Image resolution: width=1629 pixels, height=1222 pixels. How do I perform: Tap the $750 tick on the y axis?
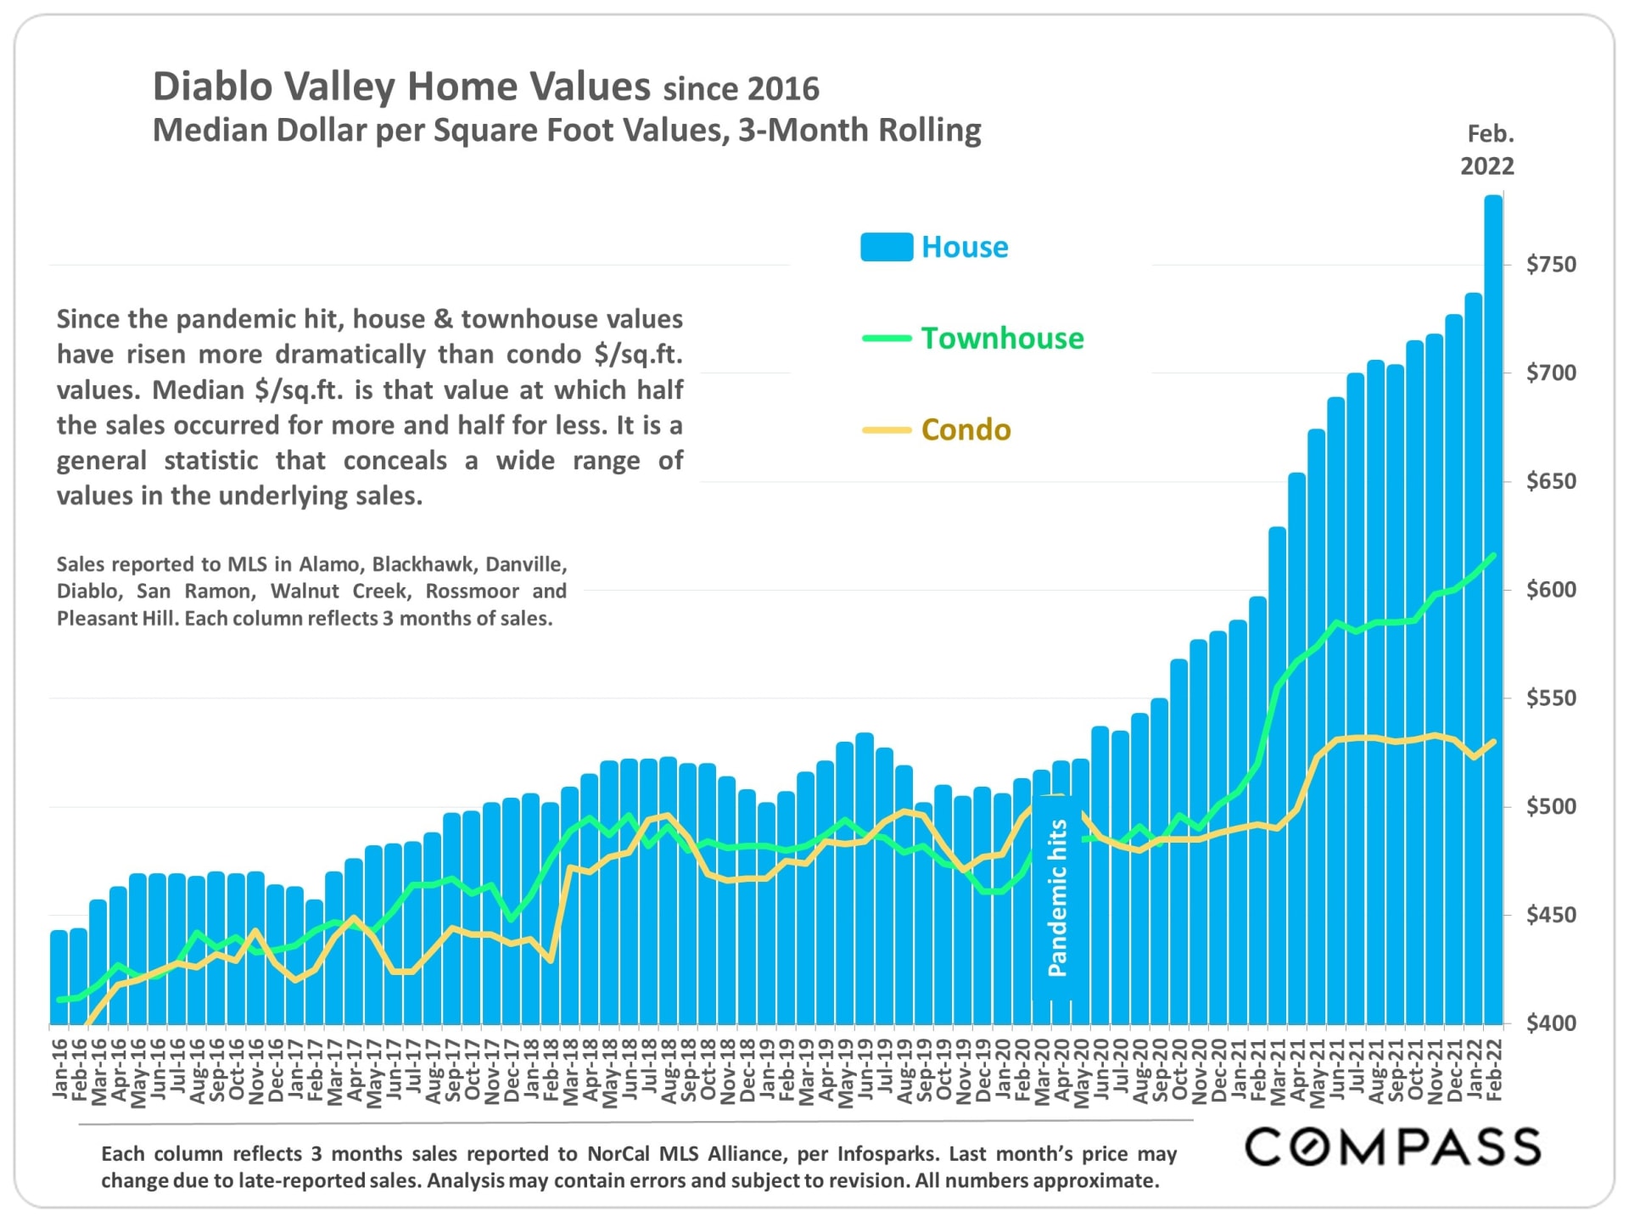pos(1551,265)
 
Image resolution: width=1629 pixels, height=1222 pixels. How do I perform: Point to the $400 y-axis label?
pos(1551,1023)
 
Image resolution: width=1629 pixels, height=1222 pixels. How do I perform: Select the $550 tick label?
pos(1551,698)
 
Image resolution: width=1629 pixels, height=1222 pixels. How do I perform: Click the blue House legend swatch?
pos(886,247)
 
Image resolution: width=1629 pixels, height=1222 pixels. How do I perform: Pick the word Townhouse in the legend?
pos(1002,339)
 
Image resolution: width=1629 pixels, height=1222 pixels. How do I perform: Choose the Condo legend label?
pos(966,430)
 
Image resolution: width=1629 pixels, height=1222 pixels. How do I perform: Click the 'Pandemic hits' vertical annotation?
pos(1057,898)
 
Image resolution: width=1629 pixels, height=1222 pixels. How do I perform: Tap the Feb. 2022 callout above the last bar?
pos(1487,150)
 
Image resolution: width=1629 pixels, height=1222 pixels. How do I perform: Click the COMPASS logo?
pos(1392,1147)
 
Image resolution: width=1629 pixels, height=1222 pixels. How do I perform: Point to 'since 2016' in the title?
pos(741,89)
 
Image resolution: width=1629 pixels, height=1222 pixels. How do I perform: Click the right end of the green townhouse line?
pos(1493,555)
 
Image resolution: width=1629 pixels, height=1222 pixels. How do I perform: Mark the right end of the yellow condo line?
pos(1493,742)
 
